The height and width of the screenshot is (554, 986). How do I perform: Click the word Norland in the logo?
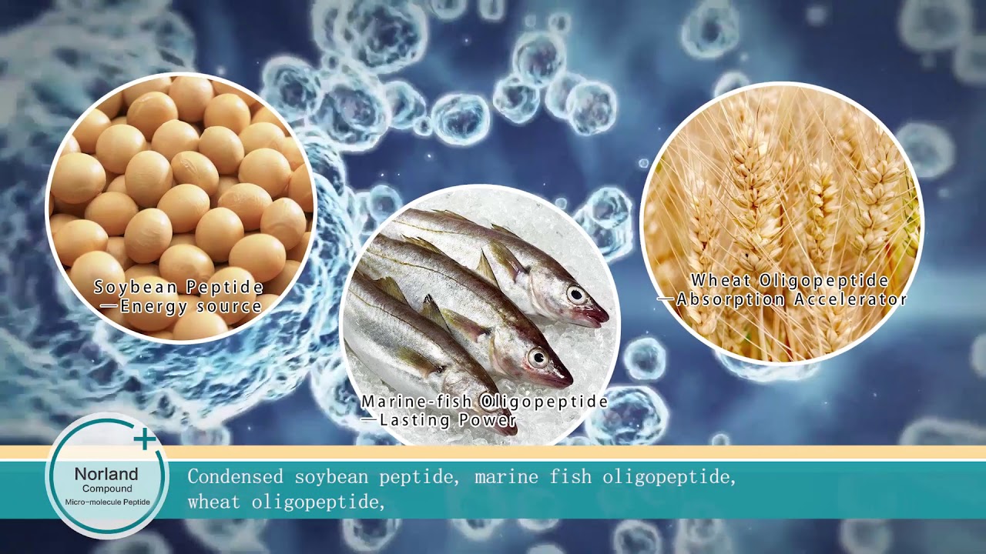coord(106,474)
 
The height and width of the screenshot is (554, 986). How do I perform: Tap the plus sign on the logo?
coord(144,439)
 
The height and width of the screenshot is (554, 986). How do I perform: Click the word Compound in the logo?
coord(107,489)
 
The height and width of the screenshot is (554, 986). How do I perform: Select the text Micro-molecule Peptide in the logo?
coord(107,502)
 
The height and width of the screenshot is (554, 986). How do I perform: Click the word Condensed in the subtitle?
coord(236,477)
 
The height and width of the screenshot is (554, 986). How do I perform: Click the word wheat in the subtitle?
coord(214,503)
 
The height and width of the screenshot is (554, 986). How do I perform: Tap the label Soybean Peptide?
coord(179,288)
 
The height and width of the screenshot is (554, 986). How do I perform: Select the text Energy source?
coord(191,306)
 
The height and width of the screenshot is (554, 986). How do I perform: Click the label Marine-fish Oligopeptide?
coord(485,402)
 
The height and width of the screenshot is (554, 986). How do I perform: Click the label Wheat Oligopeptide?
coord(790,281)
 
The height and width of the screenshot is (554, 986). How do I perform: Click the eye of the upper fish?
coord(576,293)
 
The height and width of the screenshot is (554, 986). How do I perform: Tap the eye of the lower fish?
coord(537,356)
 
